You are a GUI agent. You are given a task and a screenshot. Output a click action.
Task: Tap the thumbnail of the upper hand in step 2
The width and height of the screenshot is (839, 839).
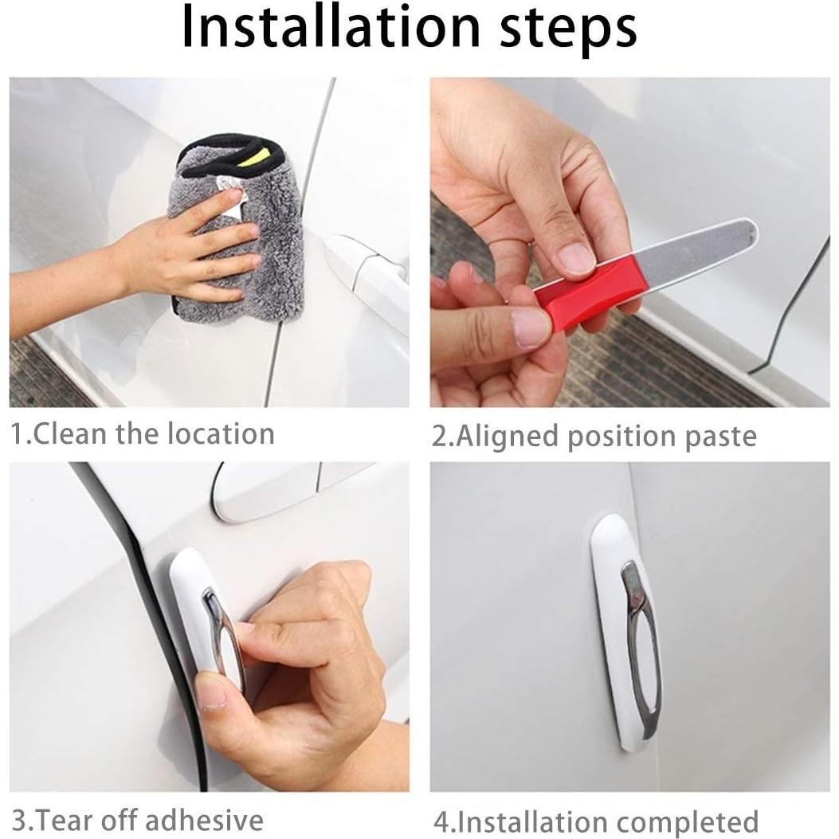(575, 257)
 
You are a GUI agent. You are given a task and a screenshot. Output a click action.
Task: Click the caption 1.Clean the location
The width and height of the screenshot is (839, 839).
(143, 434)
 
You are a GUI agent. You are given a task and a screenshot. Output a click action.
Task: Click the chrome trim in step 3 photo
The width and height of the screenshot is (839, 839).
(219, 629)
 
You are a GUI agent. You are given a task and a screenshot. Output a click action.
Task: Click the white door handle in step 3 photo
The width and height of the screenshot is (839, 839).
(263, 490)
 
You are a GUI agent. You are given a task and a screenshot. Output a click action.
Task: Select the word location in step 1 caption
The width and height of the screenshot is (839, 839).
(221, 434)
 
